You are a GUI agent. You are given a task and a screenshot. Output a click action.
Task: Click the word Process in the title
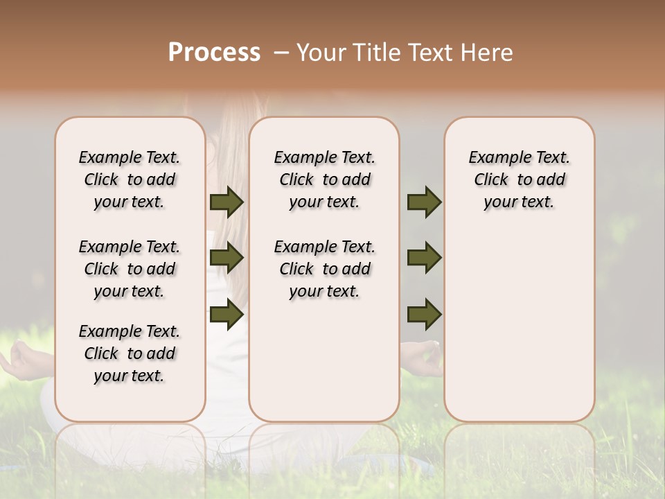click(x=214, y=53)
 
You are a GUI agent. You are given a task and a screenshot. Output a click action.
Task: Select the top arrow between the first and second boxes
click(x=227, y=202)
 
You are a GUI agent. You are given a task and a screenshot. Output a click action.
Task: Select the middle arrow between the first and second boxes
click(x=227, y=258)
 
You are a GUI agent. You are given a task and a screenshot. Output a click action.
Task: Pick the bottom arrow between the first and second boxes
click(x=227, y=314)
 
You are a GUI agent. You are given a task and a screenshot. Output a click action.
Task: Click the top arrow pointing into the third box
click(x=424, y=202)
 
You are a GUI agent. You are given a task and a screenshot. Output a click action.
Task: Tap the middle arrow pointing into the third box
click(x=424, y=258)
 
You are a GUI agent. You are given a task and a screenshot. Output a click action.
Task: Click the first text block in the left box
click(x=130, y=180)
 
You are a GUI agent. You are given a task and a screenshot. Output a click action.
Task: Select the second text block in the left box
click(x=130, y=269)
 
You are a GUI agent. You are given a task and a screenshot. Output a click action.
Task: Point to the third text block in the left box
click(x=130, y=353)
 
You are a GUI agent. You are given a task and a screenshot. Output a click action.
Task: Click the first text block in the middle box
click(x=324, y=180)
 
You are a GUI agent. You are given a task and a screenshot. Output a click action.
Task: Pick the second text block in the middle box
click(x=324, y=269)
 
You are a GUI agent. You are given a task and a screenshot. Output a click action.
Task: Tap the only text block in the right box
click(x=519, y=180)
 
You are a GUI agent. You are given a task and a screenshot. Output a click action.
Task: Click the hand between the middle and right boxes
click(x=422, y=357)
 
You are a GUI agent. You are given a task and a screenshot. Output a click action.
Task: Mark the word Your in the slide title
click(x=321, y=53)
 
